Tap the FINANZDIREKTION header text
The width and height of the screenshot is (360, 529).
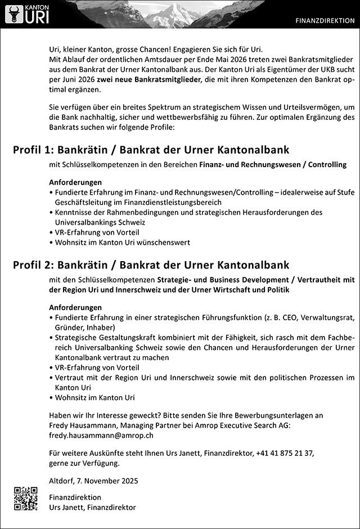(326, 21)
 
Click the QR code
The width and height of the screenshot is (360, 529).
(26, 498)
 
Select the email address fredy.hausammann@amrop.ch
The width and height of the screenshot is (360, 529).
(101, 435)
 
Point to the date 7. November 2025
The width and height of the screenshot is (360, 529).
(109, 481)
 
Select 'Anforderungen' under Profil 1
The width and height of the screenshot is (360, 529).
(75, 182)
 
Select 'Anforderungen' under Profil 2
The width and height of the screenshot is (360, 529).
(75, 308)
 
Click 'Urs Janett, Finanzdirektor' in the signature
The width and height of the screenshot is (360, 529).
(92, 507)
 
